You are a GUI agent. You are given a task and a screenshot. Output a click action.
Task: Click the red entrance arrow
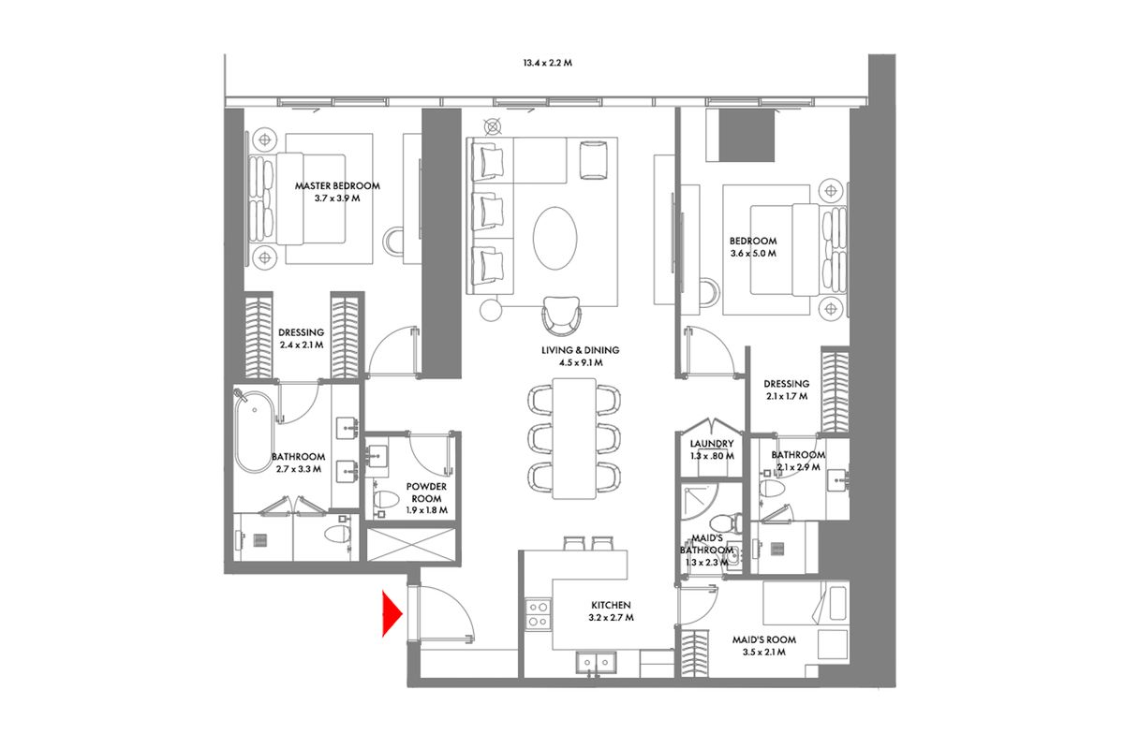pyautogui.click(x=391, y=613)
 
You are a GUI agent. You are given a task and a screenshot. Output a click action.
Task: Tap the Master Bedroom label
pyautogui.click(x=337, y=185)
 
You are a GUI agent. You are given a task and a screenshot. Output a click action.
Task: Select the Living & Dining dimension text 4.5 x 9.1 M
pyautogui.click(x=581, y=362)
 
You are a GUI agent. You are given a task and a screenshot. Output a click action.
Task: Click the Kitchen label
pyautogui.click(x=611, y=605)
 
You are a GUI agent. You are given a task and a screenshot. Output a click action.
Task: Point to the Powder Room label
pyautogui.click(x=426, y=492)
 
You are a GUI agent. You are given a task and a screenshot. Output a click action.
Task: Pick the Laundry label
pyautogui.click(x=712, y=444)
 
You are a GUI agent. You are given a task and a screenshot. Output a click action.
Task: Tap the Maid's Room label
pyautogui.click(x=763, y=639)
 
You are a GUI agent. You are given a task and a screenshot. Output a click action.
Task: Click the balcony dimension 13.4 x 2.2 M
pyautogui.click(x=547, y=63)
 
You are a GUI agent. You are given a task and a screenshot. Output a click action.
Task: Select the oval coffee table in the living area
pyautogui.click(x=555, y=239)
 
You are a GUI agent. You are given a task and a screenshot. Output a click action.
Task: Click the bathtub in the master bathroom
pyautogui.click(x=255, y=432)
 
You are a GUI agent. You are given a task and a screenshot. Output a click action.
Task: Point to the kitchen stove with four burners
pyautogui.click(x=538, y=614)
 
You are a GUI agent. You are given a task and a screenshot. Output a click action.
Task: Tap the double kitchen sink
pyautogui.click(x=596, y=663)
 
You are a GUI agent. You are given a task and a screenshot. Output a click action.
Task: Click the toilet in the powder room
pyautogui.click(x=385, y=499)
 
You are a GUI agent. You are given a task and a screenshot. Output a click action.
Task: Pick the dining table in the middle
pyautogui.click(x=574, y=438)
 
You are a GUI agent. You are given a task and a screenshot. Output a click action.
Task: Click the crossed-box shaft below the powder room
pyautogui.click(x=411, y=544)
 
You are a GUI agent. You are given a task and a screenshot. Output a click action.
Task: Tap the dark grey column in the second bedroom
pyautogui.click(x=747, y=135)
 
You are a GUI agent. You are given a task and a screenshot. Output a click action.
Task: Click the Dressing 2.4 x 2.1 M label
pyautogui.click(x=301, y=338)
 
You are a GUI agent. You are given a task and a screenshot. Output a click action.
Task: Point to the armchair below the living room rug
pyautogui.click(x=561, y=316)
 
